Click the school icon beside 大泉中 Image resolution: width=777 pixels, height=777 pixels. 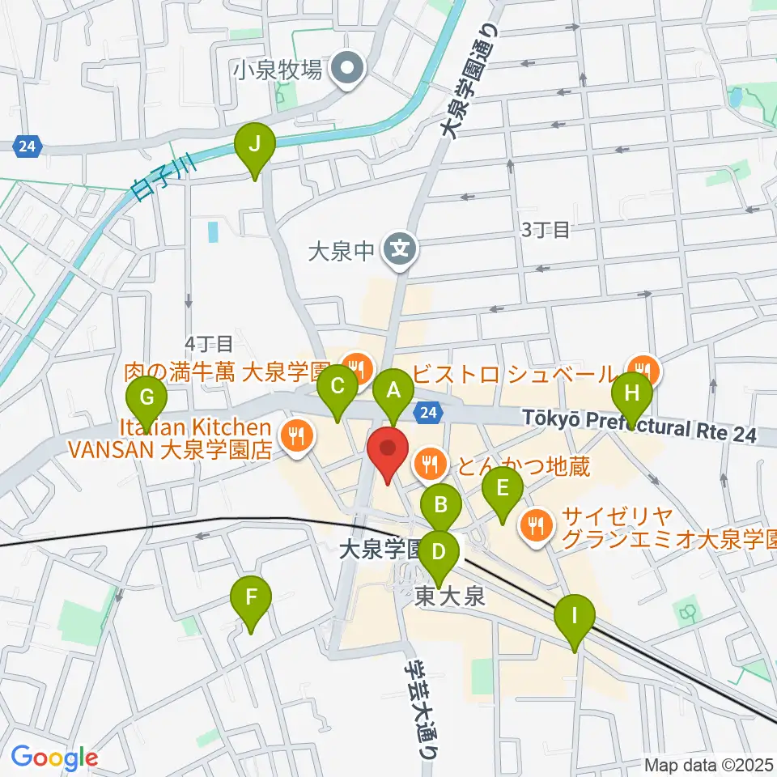[400, 247]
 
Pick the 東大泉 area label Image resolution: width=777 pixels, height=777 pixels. [449, 597]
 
